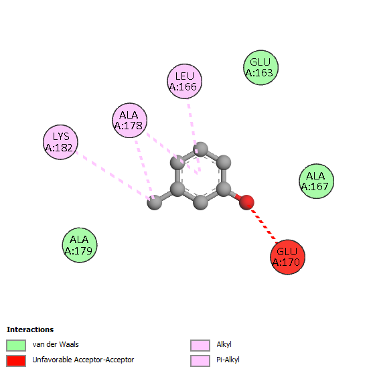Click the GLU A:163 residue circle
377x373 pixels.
[x=261, y=68]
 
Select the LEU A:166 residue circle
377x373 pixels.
[x=185, y=81]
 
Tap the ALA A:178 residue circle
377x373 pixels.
[x=130, y=121]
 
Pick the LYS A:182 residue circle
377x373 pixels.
[x=60, y=142]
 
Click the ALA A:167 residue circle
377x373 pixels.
[x=317, y=181]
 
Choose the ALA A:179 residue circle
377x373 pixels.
[x=80, y=245]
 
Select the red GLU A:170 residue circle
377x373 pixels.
[x=287, y=257]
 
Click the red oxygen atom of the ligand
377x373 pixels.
[x=246, y=202]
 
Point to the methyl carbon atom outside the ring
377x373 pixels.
[x=155, y=202]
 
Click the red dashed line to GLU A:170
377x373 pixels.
[x=262, y=224]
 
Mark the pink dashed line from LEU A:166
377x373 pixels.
[x=194, y=137]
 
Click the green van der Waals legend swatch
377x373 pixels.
[x=16, y=346]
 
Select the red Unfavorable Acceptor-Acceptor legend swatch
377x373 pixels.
[x=16, y=361]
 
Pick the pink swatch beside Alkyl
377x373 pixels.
[x=200, y=346]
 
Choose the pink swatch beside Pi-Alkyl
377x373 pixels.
[x=200, y=361]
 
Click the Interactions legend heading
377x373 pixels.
[x=30, y=329]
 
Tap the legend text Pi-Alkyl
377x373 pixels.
[x=228, y=360]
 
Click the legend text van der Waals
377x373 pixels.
[x=56, y=344]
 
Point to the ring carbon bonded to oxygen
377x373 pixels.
[x=224, y=189]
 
